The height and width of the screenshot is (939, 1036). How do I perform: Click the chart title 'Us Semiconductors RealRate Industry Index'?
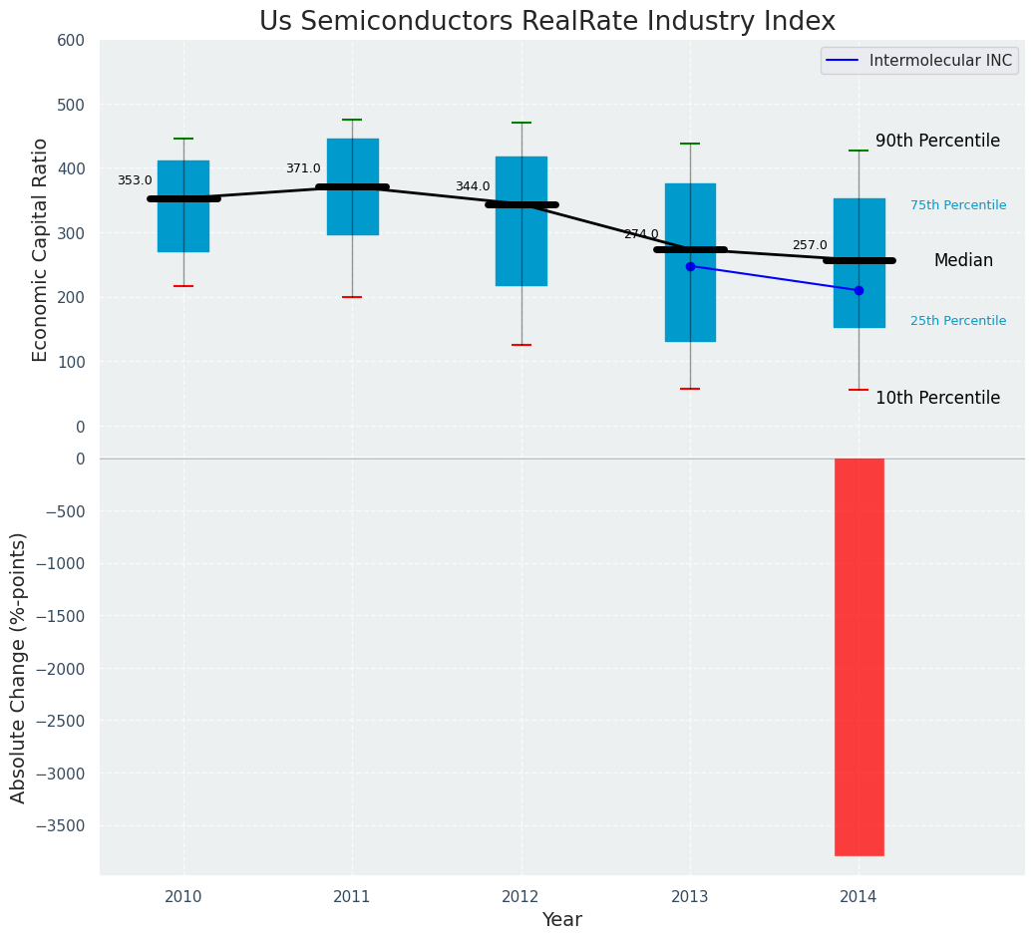pos(546,22)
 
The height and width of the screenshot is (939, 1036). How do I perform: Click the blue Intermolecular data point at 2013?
pos(690,266)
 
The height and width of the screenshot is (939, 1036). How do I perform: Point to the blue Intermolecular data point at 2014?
pos(859,290)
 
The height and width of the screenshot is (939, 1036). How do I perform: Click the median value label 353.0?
pos(135,181)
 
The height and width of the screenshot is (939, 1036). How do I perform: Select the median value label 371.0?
pos(303,169)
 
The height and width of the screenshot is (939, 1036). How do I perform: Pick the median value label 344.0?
pos(473,187)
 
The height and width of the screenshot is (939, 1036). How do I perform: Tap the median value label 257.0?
pos(810,245)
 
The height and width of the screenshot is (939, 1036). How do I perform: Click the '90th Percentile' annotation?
pos(937,142)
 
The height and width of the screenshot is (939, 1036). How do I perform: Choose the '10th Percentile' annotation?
pos(937,399)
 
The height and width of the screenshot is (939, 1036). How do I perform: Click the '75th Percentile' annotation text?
pos(958,205)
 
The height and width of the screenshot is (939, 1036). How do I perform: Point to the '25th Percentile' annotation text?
pos(958,321)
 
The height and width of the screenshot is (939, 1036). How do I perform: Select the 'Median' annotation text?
pos(963,261)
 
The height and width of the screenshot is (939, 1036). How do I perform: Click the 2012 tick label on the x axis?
pos(520,897)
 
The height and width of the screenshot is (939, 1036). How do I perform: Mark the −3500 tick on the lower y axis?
pos(62,825)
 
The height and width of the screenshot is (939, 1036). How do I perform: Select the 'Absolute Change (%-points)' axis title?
pos(19,667)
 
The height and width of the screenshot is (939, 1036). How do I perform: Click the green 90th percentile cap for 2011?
pos(352,120)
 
